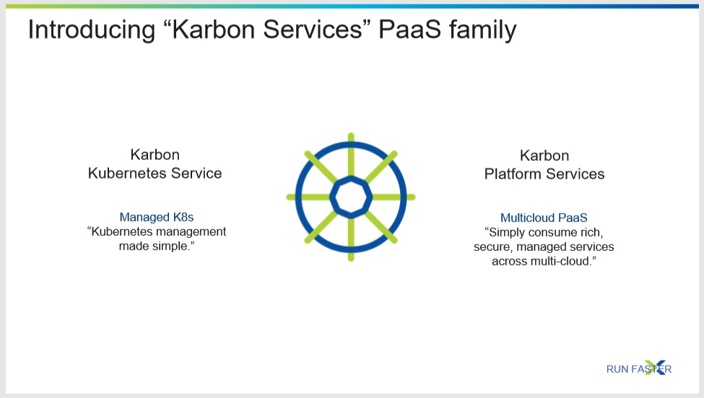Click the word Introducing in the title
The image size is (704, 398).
92,30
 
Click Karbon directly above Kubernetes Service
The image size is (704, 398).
155,154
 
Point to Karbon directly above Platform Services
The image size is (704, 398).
544,156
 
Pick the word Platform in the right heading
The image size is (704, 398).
513,174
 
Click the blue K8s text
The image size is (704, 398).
183,217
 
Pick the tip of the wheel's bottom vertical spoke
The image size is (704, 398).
351,259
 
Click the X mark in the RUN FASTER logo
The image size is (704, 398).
655,368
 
